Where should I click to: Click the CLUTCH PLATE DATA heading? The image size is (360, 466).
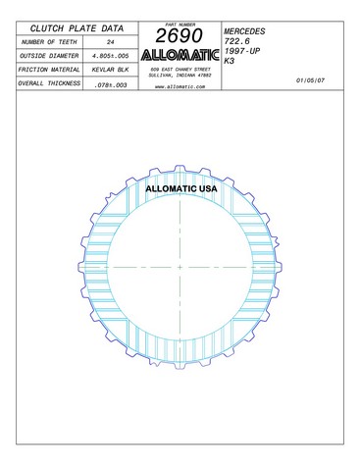[x=77, y=28]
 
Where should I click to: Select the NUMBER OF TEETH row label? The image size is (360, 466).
[x=49, y=42]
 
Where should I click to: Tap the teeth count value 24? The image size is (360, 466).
[x=111, y=42]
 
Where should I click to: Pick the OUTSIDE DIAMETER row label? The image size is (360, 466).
[x=49, y=56]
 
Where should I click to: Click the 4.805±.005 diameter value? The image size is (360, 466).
[x=111, y=56]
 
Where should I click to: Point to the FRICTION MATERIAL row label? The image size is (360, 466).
[x=49, y=70]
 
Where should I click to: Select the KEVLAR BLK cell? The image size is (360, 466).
[x=111, y=70]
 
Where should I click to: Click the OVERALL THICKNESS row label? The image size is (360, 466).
[x=49, y=83]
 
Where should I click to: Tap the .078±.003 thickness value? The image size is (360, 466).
[x=111, y=85]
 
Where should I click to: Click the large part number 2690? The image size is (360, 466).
[x=180, y=35]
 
